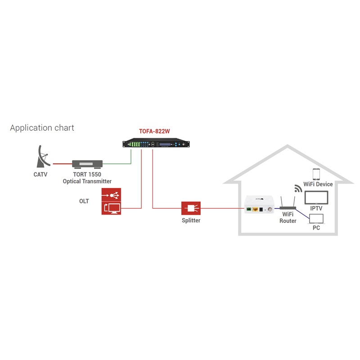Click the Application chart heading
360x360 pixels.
[x=42, y=128]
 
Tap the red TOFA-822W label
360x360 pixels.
[x=154, y=132]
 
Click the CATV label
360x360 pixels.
[x=40, y=174]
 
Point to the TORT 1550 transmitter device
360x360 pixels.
[x=88, y=164]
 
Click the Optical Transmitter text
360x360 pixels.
[x=87, y=181]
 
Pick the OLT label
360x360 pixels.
[x=84, y=201]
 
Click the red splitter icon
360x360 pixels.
[x=190, y=208]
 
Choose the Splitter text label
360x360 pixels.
[x=191, y=220]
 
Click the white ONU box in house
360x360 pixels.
[x=259, y=208]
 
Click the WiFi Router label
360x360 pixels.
[x=288, y=218]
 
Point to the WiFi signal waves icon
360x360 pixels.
[x=298, y=188]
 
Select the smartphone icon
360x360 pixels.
[x=316, y=175]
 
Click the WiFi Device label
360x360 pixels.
[x=318, y=184]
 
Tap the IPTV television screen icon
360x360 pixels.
[x=316, y=198]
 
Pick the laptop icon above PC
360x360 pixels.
[x=316, y=219]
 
